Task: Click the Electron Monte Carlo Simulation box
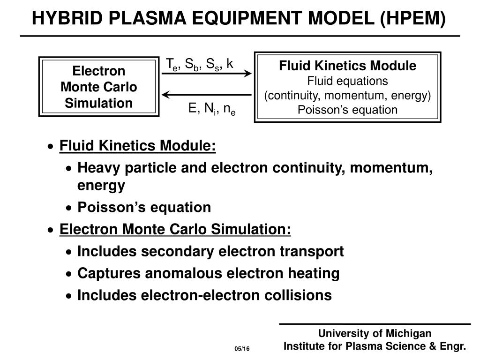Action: pos(98,87)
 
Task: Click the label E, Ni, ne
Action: pos(212,110)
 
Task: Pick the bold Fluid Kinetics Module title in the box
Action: pos(347,66)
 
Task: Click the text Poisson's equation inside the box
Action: pos(347,110)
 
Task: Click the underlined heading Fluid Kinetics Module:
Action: pos(138,146)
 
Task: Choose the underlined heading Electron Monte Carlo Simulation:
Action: pos(175,229)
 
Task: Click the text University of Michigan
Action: pos(375,333)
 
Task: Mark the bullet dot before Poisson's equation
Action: pos(69,208)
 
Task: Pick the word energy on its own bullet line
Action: pos(101,186)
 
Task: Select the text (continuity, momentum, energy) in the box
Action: pos(347,96)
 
